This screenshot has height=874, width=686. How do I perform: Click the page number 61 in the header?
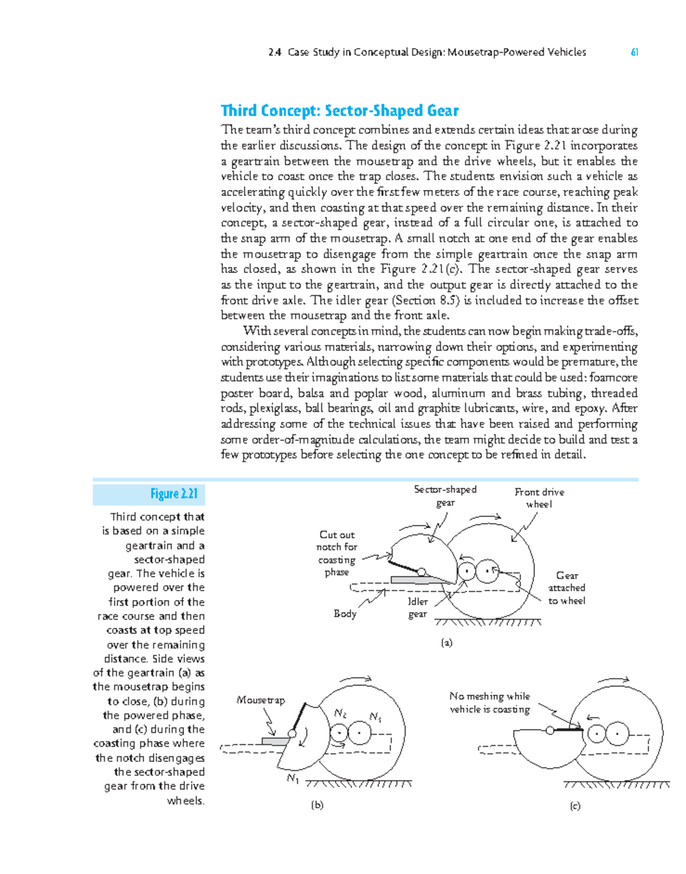(x=634, y=53)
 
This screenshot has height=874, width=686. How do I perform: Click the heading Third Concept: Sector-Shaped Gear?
(x=340, y=110)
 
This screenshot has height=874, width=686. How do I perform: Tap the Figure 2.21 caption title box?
(x=149, y=494)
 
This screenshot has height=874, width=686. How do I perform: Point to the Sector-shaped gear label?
(x=445, y=496)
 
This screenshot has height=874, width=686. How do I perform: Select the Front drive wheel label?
(x=539, y=498)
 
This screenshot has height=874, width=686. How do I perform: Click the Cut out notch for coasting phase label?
(x=337, y=553)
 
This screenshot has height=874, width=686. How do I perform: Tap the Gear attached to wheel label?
(x=567, y=588)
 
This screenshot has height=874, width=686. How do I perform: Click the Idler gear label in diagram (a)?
(x=417, y=608)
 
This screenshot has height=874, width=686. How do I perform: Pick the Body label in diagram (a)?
(x=345, y=614)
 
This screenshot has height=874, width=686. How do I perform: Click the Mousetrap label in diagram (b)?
(x=261, y=700)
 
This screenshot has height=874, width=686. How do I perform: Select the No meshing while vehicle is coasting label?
(x=489, y=703)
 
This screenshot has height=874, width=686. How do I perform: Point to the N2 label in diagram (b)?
(x=340, y=713)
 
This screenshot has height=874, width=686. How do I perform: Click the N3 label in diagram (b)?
(x=375, y=717)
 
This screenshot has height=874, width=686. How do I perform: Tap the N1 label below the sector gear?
(x=293, y=778)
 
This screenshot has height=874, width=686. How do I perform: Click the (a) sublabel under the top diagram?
(x=446, y=643)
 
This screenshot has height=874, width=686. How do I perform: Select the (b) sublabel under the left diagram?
(x=317, y=805)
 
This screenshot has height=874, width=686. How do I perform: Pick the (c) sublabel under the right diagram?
(x=575, y=806)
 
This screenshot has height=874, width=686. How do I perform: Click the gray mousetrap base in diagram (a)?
(x=417, y=580)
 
